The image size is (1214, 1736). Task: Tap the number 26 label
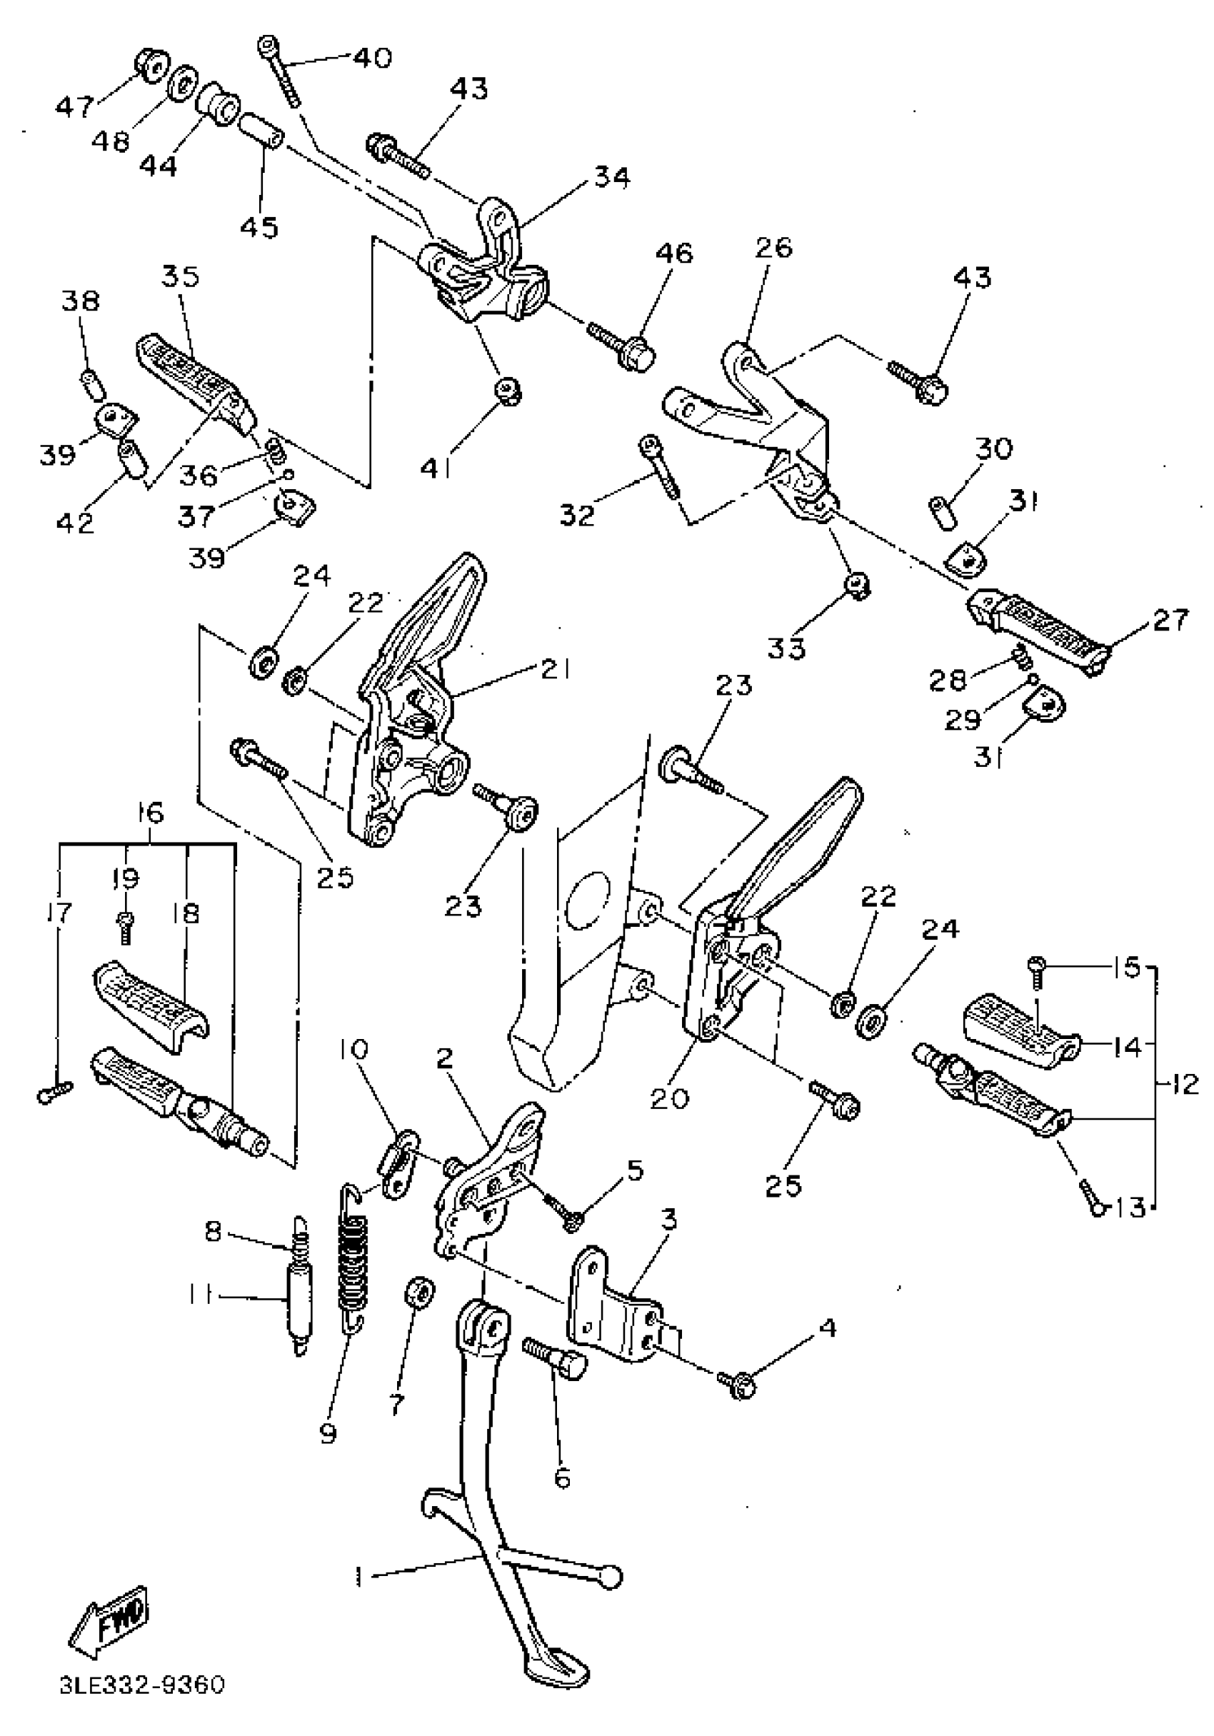773,248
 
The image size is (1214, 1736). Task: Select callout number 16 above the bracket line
150,813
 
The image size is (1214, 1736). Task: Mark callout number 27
1171,620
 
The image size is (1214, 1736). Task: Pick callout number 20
670,1098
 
